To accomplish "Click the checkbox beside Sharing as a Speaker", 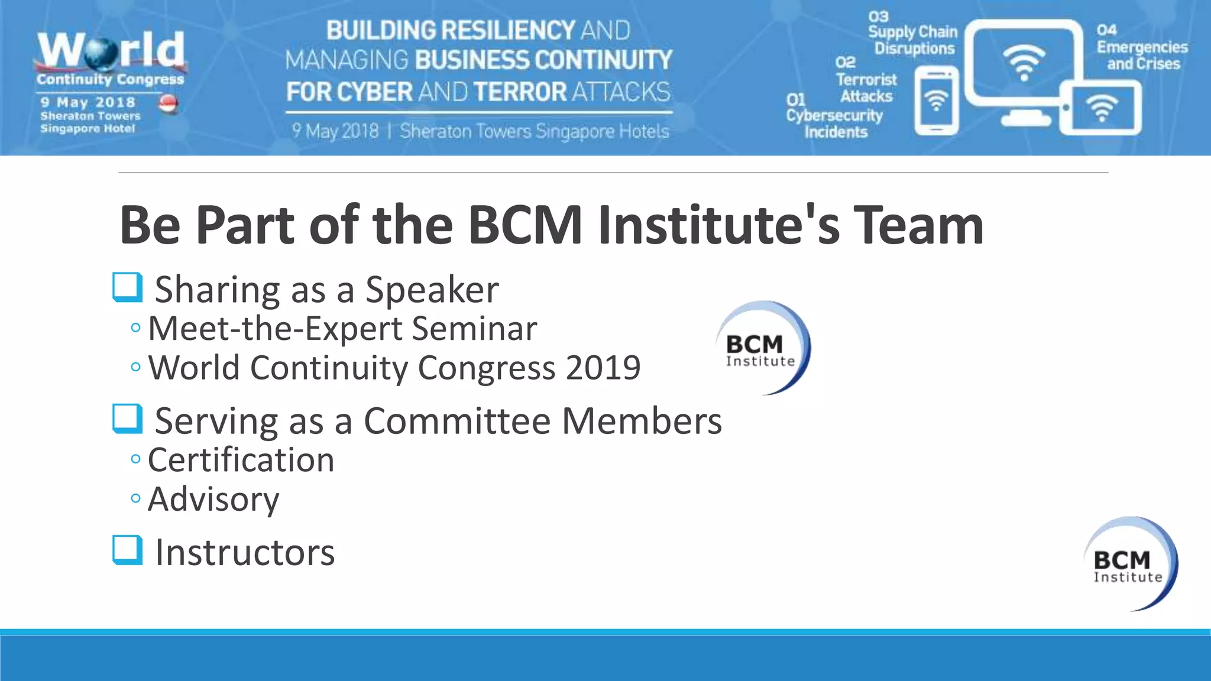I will [128, 287].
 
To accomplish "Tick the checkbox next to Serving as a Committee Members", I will [128, 419].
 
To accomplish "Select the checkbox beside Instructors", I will [128, 550].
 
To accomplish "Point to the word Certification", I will [241, 460].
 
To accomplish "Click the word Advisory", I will [213, 500].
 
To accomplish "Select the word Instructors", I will [245, 553].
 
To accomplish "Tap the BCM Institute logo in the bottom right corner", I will [1130, 563].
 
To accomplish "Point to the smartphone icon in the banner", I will [936, 100].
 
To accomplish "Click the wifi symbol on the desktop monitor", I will [1024, 61].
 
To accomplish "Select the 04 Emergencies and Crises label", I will [1141, 47].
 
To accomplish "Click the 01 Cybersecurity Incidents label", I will [834, 116].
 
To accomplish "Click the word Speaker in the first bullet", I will [432, 290].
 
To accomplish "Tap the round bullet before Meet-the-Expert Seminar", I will [136, 327].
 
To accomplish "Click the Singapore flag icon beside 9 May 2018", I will [169, 103].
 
